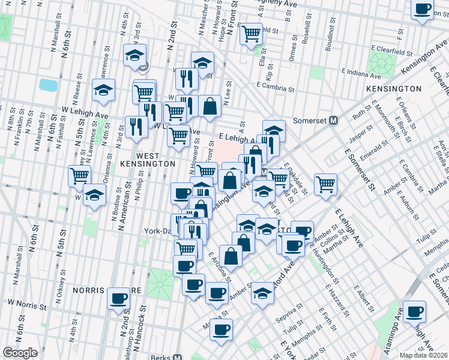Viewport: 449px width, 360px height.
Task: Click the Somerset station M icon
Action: point(334,120)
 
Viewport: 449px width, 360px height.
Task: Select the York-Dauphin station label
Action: point(157,230)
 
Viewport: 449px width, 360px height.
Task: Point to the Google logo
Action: point(20,353)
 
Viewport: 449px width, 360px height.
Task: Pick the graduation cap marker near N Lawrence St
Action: point(104,91)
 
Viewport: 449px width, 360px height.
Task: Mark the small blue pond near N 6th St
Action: point(48,85)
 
